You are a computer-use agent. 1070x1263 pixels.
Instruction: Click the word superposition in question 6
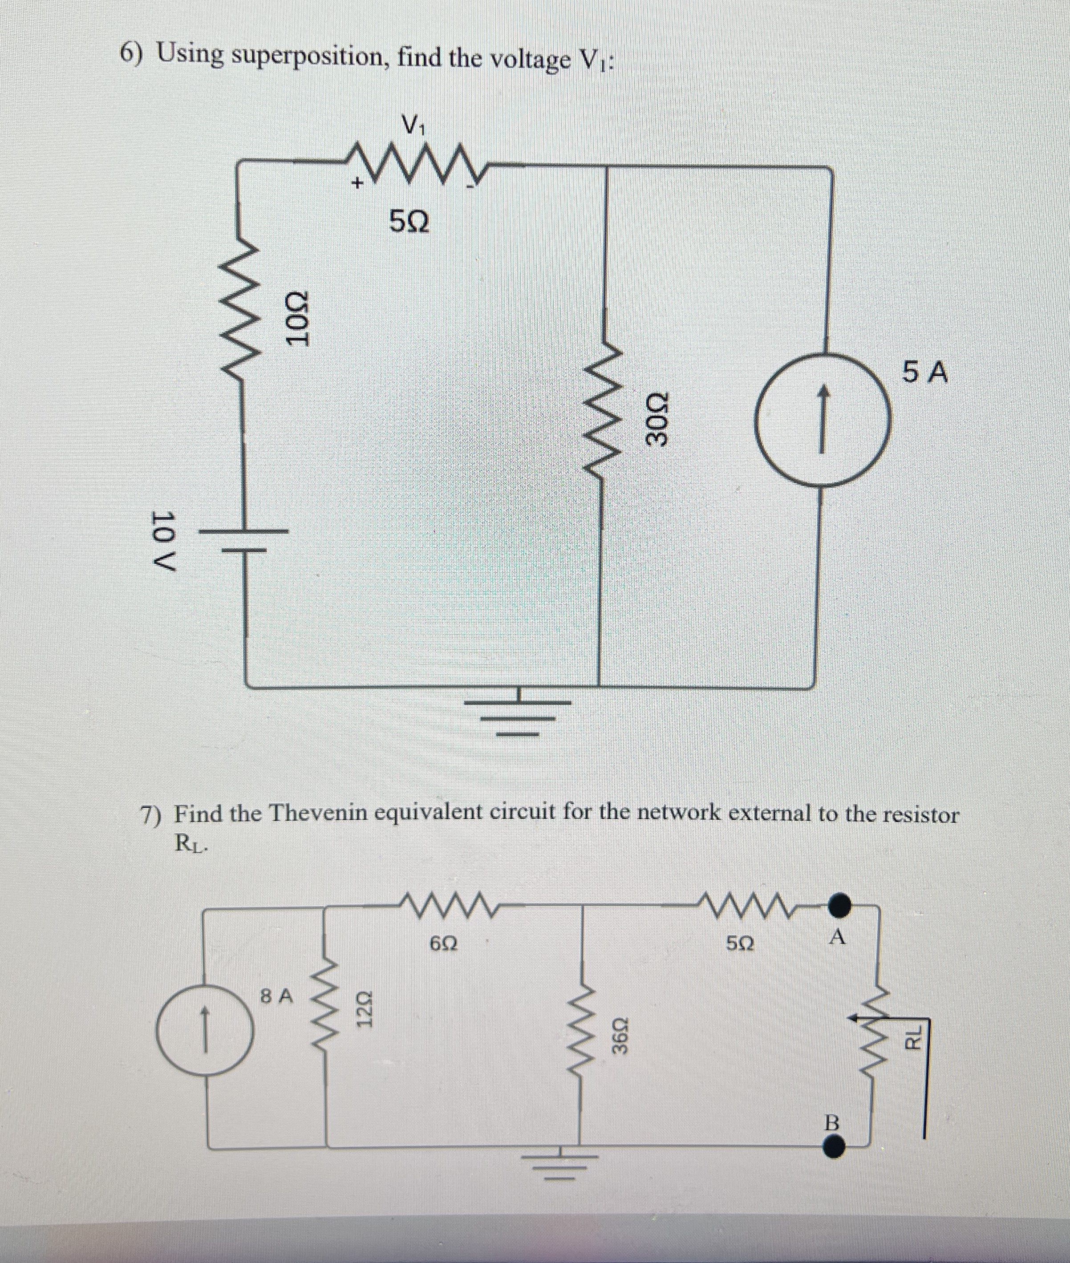tap(310, 57)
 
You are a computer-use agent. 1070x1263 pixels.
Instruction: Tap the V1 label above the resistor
tap(415, 126)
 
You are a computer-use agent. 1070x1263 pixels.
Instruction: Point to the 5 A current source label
tap(924, 372)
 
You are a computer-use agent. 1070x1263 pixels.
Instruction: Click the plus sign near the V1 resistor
tap(358, 182)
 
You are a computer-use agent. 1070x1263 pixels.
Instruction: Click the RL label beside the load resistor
tap(913, 1037)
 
